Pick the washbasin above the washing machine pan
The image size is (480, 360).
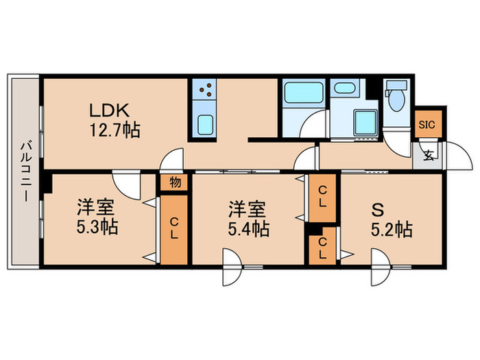[342, 89]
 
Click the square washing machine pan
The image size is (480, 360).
[363, 122]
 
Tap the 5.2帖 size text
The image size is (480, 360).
[392, 230]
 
